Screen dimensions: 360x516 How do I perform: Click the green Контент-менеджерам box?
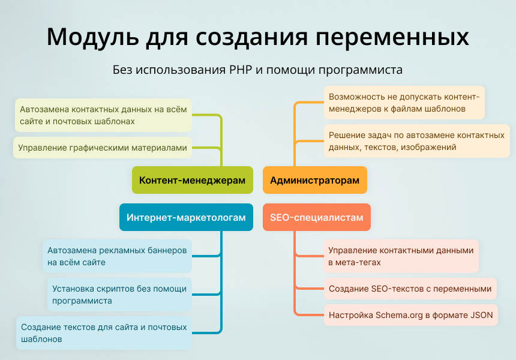tap(192, 180)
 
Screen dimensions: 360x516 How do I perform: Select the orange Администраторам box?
tap(314, 180)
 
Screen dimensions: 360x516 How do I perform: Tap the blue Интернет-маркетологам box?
tap(186, 218)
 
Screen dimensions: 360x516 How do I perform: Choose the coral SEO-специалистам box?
tap(316, 218)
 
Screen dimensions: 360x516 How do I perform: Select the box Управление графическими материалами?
tap(103, 147)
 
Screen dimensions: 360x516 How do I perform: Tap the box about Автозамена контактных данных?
tap(103, 115)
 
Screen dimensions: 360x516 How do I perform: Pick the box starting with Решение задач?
tap(416, 141)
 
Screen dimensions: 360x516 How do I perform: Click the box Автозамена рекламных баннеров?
tap(118, 256)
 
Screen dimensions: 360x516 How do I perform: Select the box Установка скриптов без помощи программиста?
tap(119, 295)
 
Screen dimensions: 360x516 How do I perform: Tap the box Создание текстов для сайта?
tap(104, 333)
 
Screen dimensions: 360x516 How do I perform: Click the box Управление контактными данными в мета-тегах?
tap(401, 256)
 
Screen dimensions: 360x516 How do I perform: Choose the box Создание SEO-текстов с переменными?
tap(410, 289)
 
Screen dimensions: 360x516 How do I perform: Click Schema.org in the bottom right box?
tap(400, 314)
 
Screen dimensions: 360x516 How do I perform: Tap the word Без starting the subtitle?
tap(122, 70)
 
